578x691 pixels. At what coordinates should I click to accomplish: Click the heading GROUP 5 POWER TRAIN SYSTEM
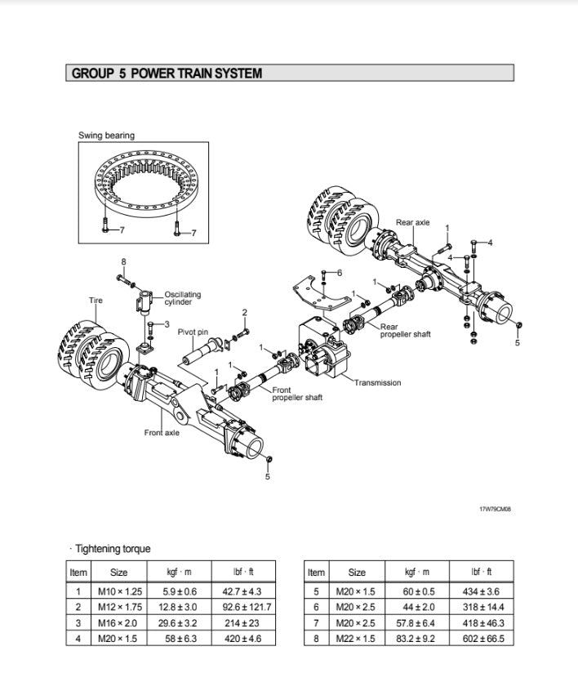coord(167,74)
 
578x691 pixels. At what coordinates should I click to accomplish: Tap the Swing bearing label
coord(106,136)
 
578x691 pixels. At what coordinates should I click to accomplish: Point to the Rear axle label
coord(412,222)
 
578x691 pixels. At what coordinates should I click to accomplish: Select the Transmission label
coord(377,383)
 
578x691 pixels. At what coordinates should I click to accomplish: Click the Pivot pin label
coord(193,332)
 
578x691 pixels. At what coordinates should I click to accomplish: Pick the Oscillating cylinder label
coord(182,298)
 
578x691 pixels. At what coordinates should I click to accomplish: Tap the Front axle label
coord(162,432)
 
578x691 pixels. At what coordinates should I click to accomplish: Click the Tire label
coord(96,301)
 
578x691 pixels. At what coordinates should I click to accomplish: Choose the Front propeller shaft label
coord(297,394)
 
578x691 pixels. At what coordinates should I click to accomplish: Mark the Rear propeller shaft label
coord(405,331)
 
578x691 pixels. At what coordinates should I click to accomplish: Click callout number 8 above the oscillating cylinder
coord(123,261)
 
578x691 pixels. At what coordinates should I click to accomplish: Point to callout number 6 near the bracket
coord(340,272)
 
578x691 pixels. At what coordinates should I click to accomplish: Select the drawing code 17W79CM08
coord(496,510)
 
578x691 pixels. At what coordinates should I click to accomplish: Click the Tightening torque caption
coord(113,549)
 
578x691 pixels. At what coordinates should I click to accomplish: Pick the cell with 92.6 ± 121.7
coord(246,607)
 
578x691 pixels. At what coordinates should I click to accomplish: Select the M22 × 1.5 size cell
coord(357,638)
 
